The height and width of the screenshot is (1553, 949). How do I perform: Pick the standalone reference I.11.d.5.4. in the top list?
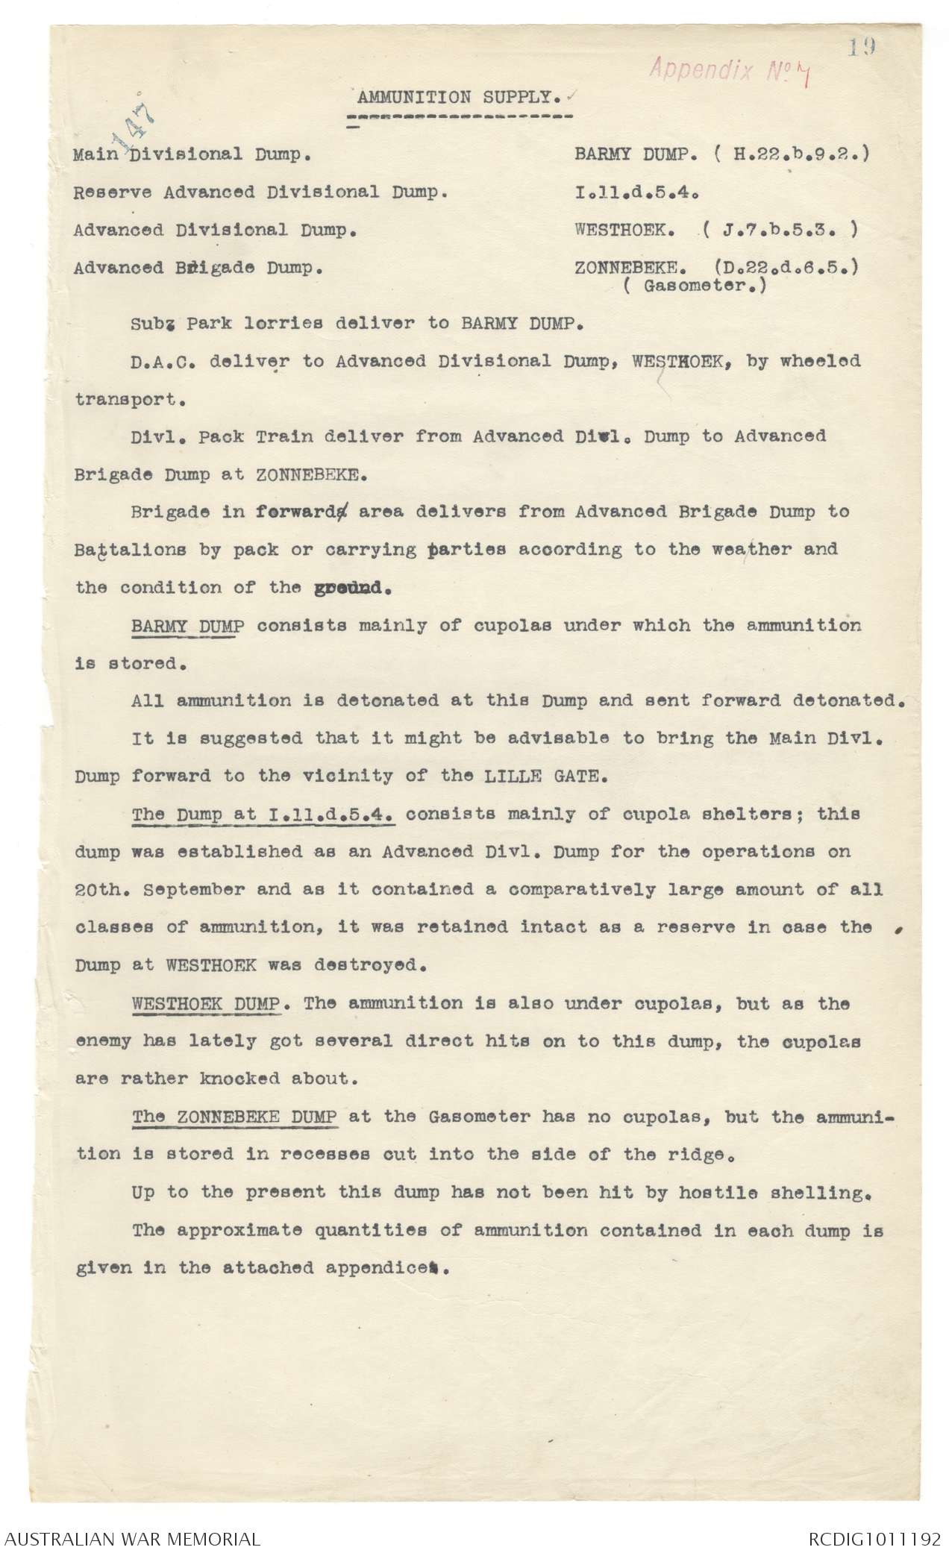click(x=635, y=192)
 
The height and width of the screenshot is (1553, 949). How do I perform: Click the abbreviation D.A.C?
click(x=159, y=361)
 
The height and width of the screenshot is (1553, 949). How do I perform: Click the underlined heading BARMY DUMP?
click(x=187, y=625)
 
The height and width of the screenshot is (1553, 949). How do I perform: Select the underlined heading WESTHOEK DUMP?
click(x=206, y=1003)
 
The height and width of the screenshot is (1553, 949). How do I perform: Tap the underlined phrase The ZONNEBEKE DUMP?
click(x=235, y=1117)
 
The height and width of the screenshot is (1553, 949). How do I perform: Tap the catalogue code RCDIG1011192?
click(x=872, y=1533)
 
